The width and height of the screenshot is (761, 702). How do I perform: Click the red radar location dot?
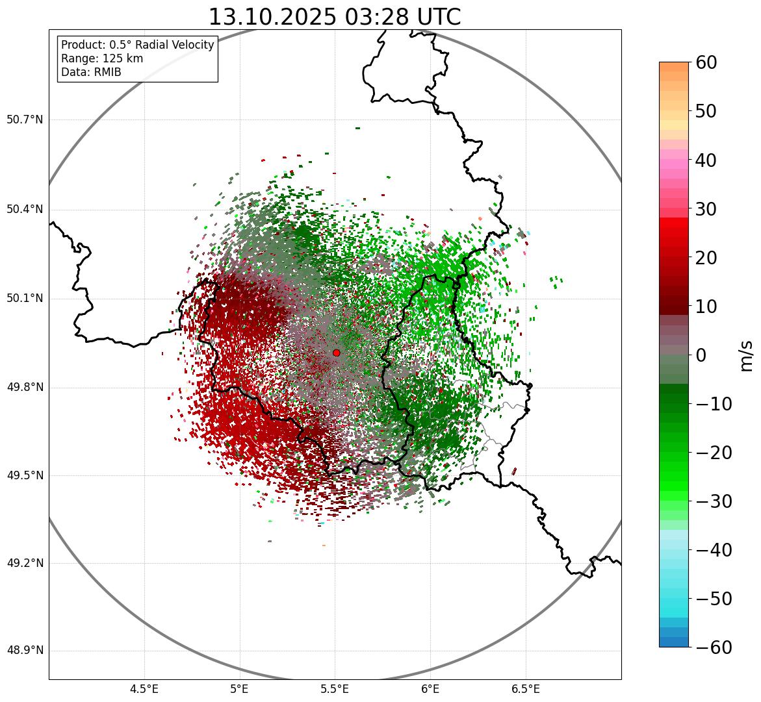click(x=336, y=353)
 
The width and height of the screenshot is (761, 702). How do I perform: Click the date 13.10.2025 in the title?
click(x=272, y=17)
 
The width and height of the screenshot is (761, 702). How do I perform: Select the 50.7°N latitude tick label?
click(x=25, y=120)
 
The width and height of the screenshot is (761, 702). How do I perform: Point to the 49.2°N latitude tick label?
click(x=25, y=563)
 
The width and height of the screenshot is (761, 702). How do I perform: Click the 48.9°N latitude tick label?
click(x=25, y=651)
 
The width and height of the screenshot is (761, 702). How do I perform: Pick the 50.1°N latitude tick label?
click(x=25, y=299)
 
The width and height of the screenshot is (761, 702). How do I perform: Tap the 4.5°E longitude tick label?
click(x=144, y=689)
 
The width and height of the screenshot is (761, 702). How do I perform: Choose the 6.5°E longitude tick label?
click(x=525, y=689)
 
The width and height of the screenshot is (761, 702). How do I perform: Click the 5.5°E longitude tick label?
click(x=335, y=689)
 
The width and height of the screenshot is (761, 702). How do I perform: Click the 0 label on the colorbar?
click(x=701, y=355)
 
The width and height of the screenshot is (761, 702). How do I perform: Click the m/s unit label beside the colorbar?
click(x=746, y=355)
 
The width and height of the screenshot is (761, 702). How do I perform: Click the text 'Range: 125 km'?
click(x=102, y=58)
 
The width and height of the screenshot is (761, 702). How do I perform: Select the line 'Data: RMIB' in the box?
click(x=91, y=72)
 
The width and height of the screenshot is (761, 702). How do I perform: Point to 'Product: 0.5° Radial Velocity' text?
click(x=137, y=45)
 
